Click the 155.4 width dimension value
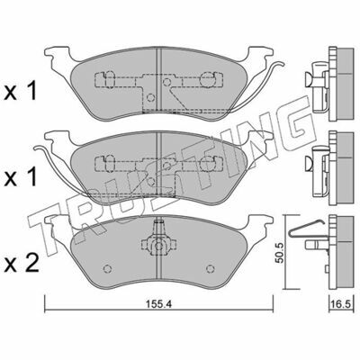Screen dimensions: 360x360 pos(158,304)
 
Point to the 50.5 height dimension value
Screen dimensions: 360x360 pos(279,253)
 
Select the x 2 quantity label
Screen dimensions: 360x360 pos(22,263)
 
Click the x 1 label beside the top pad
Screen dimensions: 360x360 pos(21,91)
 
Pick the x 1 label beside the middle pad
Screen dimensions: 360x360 pos(21,177)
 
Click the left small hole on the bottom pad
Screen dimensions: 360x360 pos(107,269)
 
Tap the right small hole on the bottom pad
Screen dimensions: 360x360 pos(211,268)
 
